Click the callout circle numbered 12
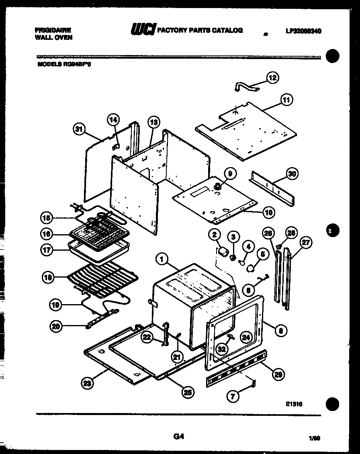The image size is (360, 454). [x=273, y=78]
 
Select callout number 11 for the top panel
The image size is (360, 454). [x=286, y=100]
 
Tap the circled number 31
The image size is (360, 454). [x=80, y=129]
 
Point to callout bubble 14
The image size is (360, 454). [x=113, y=119]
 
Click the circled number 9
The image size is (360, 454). [x=230, y=174]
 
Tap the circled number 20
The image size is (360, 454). [x=57, y=326]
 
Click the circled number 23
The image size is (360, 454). [x=87, y=384]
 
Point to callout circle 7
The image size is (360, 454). [x=233, y=396]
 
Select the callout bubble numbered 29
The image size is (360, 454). [x=277, y=374]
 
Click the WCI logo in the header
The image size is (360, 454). [x=142, y=30]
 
